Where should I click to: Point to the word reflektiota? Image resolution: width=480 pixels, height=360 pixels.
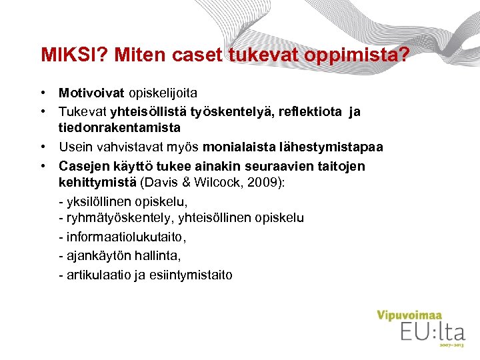(312, 111)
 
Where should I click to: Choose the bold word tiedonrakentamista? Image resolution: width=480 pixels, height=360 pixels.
(119, 127)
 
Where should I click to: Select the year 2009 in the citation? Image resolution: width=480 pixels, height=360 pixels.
(269, 183)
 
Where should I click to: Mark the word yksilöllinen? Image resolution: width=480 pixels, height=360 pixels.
(100, 201)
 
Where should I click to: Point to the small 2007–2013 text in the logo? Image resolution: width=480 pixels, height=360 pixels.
(451, 345)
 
